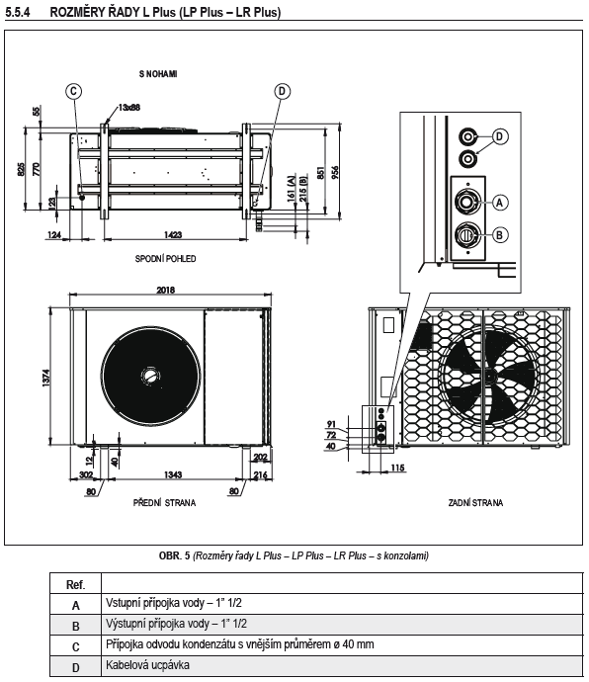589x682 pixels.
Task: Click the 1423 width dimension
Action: [174, 234]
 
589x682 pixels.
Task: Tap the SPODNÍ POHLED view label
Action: [166, 258]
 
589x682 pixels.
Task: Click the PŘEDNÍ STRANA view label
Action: [164, 503]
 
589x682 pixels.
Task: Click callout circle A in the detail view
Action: [499, 202]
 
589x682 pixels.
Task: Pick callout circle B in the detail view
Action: [499, 234]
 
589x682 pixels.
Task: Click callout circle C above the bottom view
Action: [72, 91]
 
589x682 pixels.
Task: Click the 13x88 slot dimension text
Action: [128, 107]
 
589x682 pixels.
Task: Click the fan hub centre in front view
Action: [148, 375]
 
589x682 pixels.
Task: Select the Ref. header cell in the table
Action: [75, 584]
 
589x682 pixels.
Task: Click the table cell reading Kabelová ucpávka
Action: [138, 664]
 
